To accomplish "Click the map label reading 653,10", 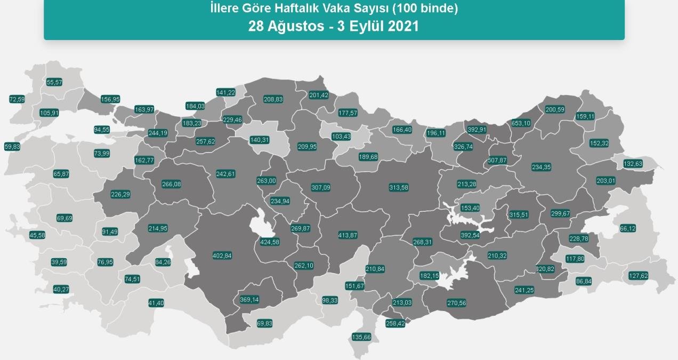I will [x=521, y=123].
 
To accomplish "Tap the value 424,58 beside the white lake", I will [x=269, y=242].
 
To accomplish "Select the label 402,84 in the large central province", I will [x=222, y=255].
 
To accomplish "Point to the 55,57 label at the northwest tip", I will [x=54, y=82].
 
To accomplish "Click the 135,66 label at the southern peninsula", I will [x=361, y=337].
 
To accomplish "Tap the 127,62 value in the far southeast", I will [x=638, y=276].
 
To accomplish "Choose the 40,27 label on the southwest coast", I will [x=61, y=289].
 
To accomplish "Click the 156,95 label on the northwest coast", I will [x=110, y=99].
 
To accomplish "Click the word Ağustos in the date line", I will [x=296, y=27].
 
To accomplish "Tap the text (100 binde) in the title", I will [x=430, y=9].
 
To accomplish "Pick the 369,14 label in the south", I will [x=249, y=300].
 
